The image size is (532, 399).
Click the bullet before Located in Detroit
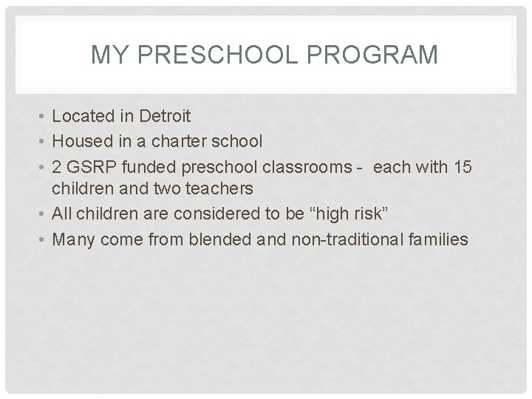pos(42,117)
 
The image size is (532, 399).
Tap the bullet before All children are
pos(42,214)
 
